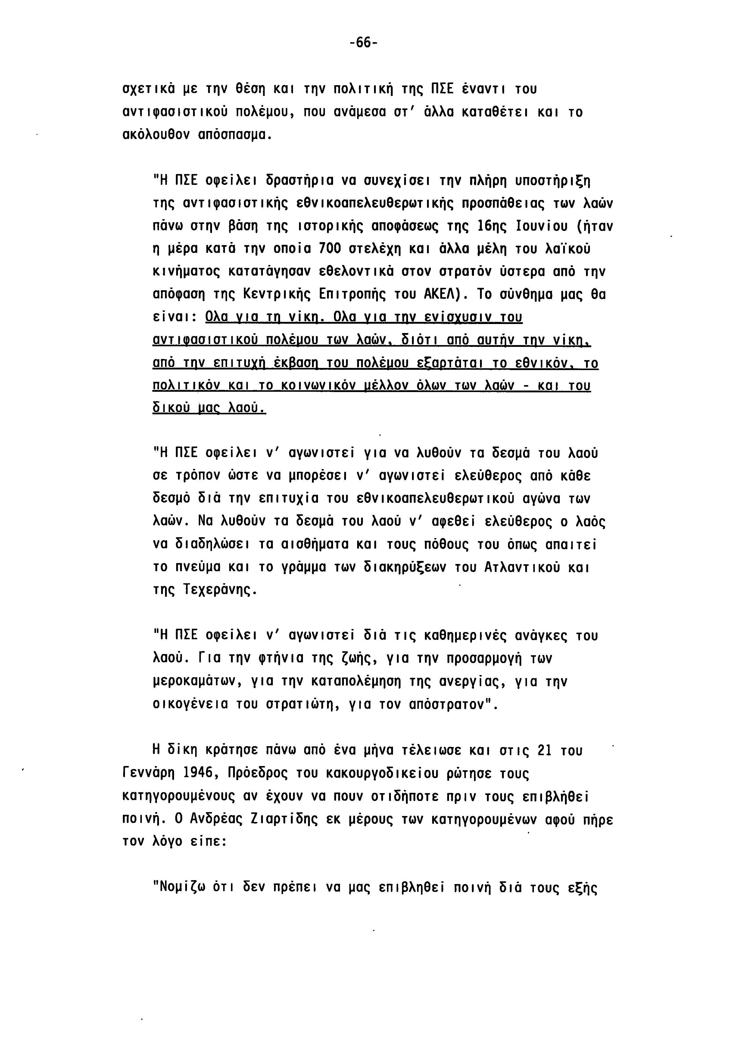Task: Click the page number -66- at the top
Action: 363,43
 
